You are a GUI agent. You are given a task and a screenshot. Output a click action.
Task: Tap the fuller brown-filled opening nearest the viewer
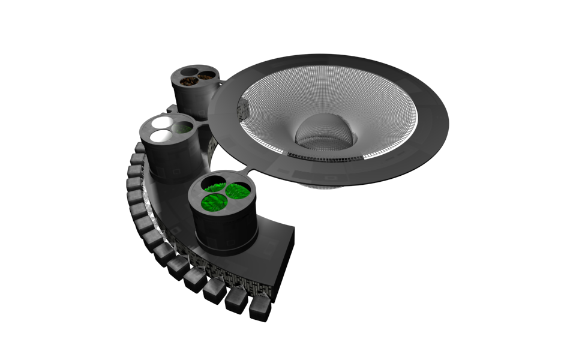[190, 81]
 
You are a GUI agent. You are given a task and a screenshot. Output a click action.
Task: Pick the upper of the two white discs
[162, 122]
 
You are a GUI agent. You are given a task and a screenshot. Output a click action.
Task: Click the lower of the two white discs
[161, 136]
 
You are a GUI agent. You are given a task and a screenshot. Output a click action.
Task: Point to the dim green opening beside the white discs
[183, 127]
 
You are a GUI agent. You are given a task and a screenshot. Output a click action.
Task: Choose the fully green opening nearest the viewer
[214, 202]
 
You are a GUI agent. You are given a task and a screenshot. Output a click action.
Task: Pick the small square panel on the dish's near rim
[329, 178]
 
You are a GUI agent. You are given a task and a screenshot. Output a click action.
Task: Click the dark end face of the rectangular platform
[284, 264]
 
